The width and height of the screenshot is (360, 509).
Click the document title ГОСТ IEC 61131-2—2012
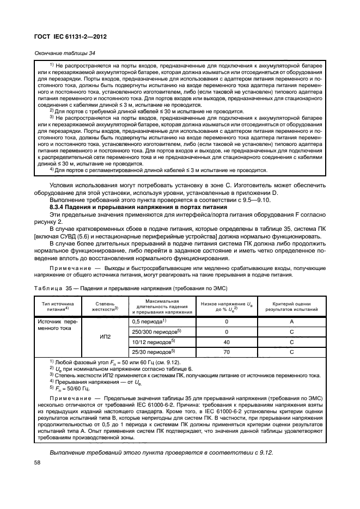(72, 36)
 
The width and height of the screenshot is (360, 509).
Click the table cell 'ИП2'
(106, 336)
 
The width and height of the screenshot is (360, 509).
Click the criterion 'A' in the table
(291, 322)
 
